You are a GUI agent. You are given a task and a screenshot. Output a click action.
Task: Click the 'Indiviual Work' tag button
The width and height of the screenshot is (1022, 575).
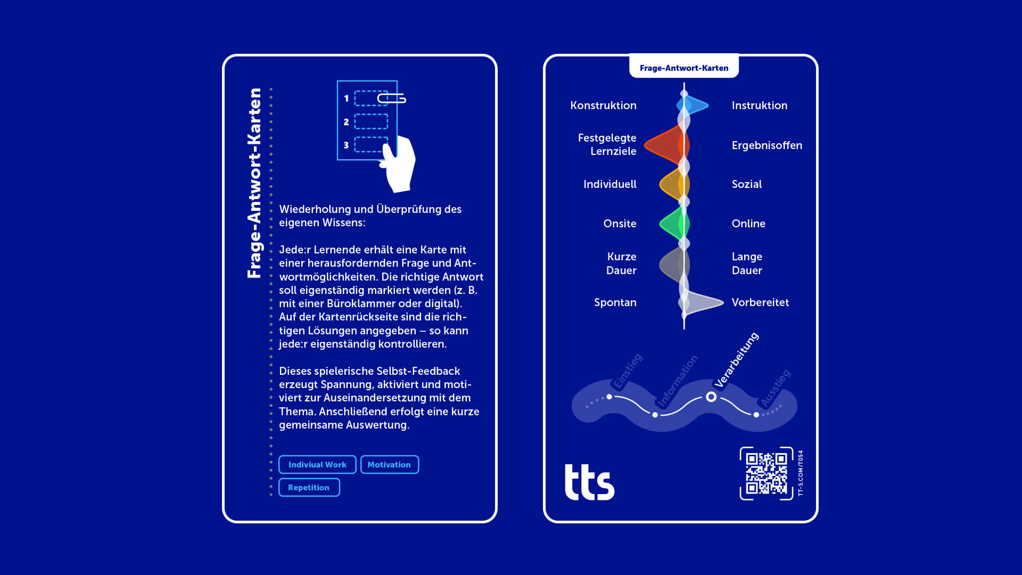[317, 465]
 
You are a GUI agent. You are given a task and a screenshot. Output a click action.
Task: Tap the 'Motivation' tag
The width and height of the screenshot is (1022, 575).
[389, 465]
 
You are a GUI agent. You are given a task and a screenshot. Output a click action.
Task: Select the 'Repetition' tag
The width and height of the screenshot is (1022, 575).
[309, 488]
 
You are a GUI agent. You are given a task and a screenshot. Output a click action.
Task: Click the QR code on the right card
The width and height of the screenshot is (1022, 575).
[766, 473]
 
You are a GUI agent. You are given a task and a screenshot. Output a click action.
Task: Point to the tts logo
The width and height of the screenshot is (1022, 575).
[589, 482]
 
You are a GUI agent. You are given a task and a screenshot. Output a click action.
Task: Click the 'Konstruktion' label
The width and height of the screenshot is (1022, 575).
[603, 105]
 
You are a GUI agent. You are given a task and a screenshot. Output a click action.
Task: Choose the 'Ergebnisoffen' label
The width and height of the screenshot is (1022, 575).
[767, 145]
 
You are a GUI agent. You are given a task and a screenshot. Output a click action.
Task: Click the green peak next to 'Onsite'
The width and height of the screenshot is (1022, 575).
[673, 224]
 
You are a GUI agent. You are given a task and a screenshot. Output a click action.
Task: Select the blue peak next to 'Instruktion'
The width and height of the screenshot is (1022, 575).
[695, 105]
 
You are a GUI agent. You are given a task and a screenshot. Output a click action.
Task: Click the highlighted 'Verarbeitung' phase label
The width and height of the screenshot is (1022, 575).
[736, 360]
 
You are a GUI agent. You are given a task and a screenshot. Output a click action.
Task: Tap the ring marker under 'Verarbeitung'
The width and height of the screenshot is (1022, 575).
[711, 397]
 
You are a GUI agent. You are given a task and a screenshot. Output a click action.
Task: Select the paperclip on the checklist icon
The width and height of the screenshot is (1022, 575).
[392, 98]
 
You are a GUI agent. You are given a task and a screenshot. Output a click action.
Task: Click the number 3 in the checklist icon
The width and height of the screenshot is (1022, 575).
[347, 145]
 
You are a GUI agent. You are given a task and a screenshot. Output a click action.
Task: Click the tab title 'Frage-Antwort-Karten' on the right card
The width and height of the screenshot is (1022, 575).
[683, 68]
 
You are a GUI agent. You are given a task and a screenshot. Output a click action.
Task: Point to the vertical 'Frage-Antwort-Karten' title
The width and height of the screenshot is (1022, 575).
[254, 183]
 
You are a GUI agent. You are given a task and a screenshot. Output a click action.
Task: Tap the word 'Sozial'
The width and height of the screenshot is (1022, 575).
[746, 184]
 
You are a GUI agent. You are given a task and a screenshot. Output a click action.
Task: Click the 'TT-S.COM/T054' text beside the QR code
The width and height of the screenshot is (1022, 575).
[801, 473]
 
